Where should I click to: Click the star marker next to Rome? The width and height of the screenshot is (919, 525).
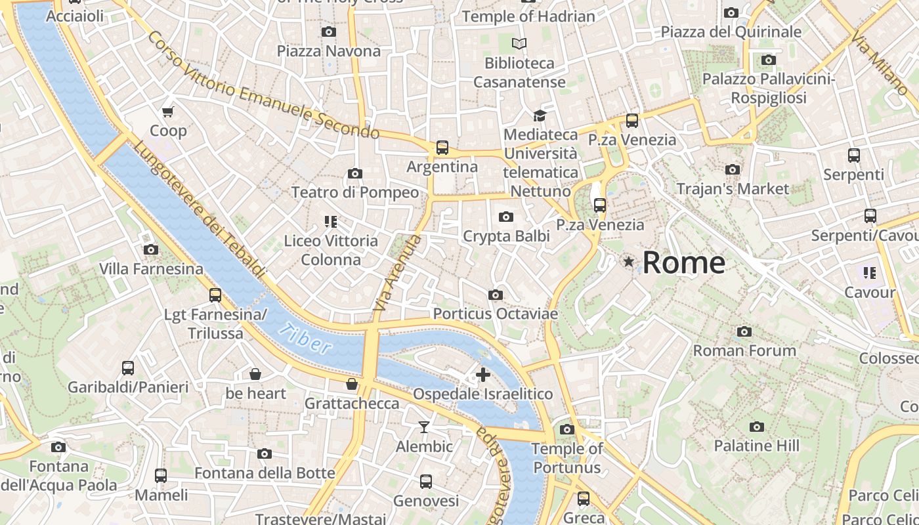pyautogui.click(x=629, y=262)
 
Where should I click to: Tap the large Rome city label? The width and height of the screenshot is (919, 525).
pyautogui.click(x=683, y=262)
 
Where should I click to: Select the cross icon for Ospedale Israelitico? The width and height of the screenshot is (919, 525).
pyautogui.click(x=483, y=375)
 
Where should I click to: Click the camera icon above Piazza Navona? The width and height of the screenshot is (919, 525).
pyautogui.click(x=329, y=31)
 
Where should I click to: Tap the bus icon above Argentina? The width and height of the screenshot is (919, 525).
pyautogui.click(x=442, y=148)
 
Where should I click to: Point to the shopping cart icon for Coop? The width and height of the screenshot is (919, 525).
pyautogui.click(x=168, y=112)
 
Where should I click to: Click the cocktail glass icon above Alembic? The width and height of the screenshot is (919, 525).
pyautogui.click(x=424, y=427)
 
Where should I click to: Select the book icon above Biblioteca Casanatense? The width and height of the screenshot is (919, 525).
pyautogui.click(x=519, y=44)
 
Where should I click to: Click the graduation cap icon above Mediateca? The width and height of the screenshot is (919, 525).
pyautogui.click(x=540, y=116)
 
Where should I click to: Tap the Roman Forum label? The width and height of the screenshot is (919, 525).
pyautogui.click(x=744, y=350)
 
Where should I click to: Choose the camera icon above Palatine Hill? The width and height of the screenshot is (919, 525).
pyautogui.click(x=757, y=427)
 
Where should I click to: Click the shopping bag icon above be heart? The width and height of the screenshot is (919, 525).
pyautogui.click(x=255, y=375)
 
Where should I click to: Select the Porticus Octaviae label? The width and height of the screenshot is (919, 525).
pyautogui.click(x=496, y=314)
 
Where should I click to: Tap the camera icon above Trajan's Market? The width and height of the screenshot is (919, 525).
pyautogui.click(x=733, y=170)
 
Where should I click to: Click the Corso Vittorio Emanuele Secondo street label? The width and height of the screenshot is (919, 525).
pyautogui.click(x=263, y=85)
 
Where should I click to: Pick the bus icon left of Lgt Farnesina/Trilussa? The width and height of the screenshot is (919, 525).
pyautogui.click(x=215, y=295)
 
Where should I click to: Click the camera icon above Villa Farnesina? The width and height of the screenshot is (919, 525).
pyautogui.click(x=151, y=250)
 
